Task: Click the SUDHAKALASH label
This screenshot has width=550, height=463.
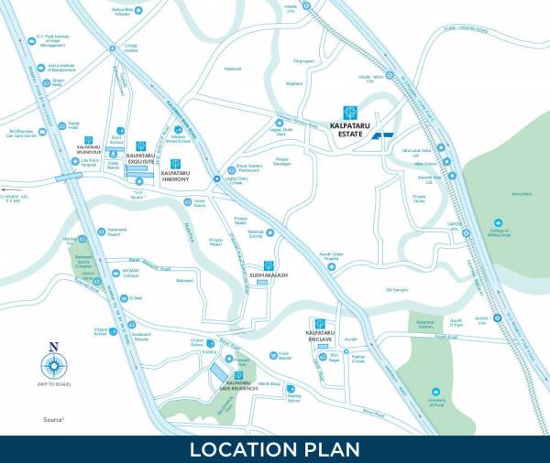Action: [x=269, y=275]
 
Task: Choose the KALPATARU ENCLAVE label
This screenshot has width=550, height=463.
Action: [x=319, y=338]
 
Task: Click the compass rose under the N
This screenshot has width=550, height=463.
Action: [x=53, y=364]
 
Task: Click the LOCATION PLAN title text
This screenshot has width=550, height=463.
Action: [x=275, y=448]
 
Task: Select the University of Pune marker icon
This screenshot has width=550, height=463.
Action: [x=434, y=391]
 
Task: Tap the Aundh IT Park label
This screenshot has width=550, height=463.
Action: [x=456, y=322]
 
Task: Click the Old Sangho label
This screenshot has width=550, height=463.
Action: [x=396, y=290]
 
